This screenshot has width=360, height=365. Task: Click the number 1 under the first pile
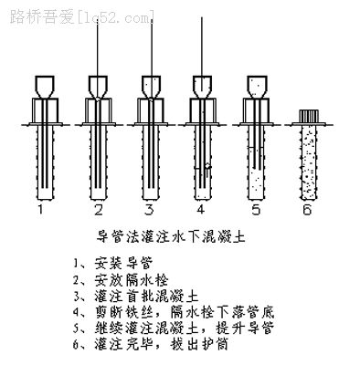pos(41,210)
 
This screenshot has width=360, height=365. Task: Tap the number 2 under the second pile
pos(99,210)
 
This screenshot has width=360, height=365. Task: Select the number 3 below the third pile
pos(149,210)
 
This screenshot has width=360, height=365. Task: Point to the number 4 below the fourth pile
pos(201,210)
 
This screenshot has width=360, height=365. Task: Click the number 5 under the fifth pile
pos(256,210)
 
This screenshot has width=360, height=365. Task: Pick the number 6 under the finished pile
pos(307,210)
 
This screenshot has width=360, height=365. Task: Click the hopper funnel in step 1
pos(45,87)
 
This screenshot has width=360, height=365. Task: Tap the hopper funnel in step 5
pos(258,87)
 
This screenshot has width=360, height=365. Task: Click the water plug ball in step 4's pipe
pos(207,166)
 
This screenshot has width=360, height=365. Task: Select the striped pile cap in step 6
pos(309,116)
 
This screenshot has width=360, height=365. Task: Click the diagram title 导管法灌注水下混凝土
pos(171,236)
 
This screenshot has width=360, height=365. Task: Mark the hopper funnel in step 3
pos(151,87)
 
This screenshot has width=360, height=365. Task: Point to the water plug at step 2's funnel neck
pos(97,99)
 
